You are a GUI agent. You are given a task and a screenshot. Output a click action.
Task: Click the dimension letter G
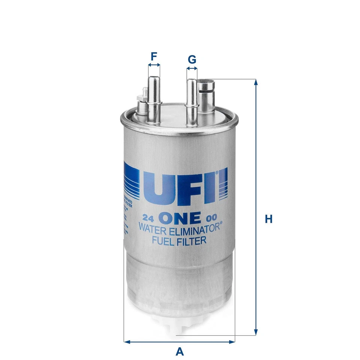192,60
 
